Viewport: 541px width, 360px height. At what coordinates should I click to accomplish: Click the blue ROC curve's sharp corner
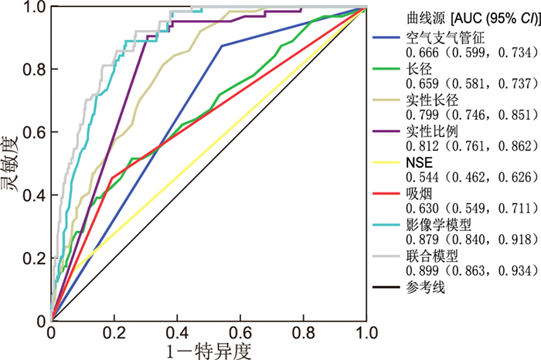click(222, 46)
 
